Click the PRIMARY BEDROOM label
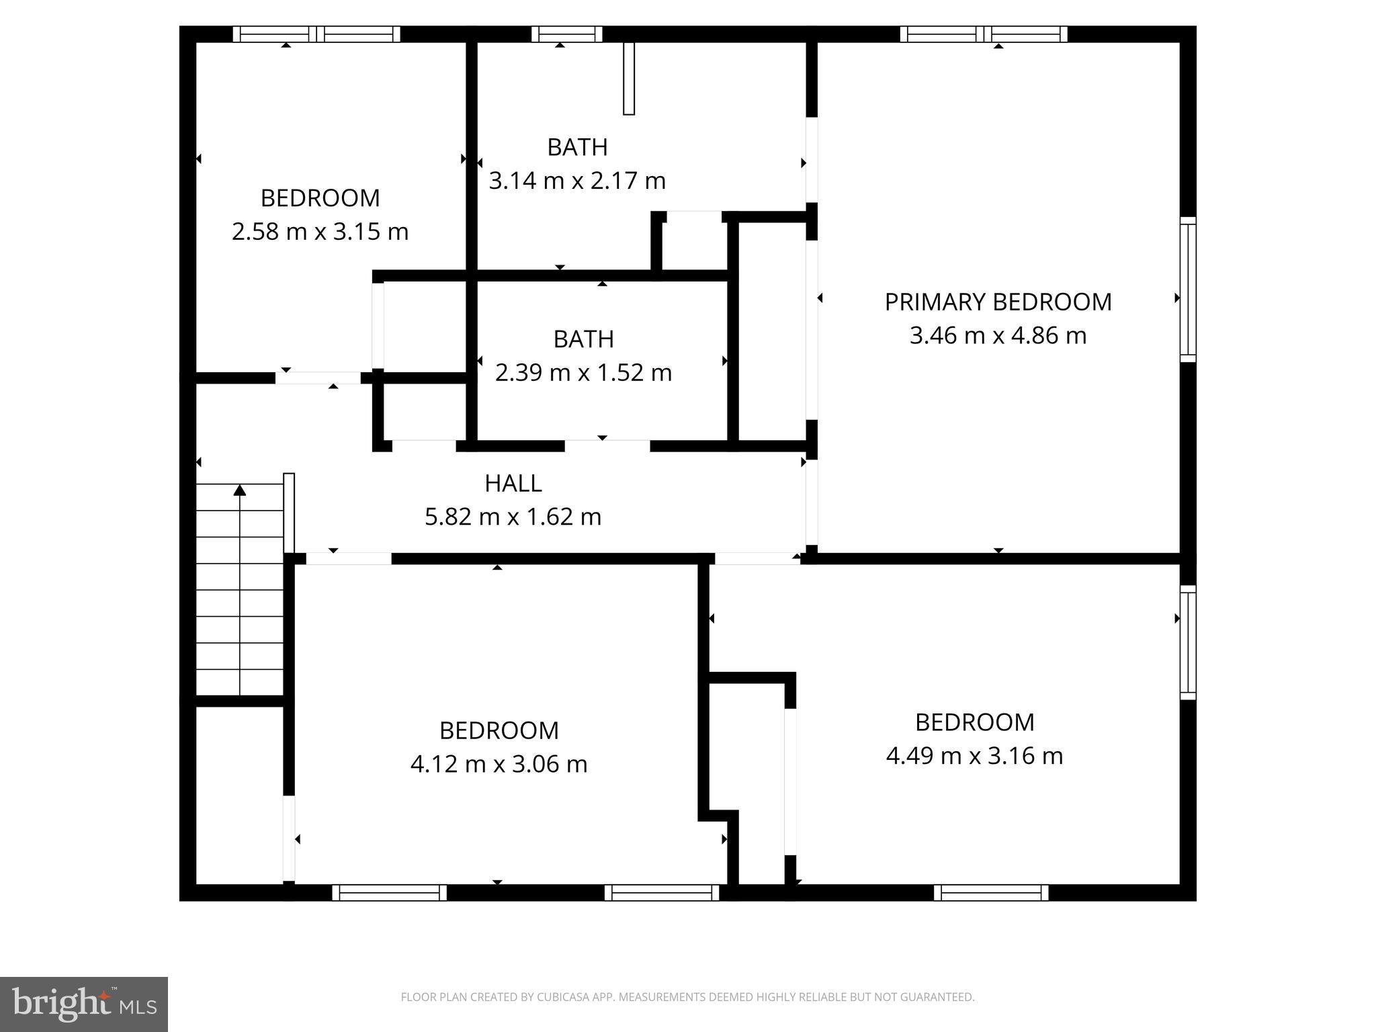(998, 302)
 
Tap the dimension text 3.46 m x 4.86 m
(998, 335)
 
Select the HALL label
(513, 483)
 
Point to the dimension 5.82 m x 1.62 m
(513, 517)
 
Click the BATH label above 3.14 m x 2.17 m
(577, 147)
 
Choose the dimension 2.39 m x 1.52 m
(583, 372)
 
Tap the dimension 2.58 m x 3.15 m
(320, 232)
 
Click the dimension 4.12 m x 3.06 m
(499, 764)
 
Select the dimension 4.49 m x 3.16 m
(974, 756)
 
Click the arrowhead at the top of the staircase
(240, 490)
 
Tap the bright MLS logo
(83, 1004)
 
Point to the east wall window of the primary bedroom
(1188, 289)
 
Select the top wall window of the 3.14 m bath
(566, 34)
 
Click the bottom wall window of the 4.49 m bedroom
(991, 892)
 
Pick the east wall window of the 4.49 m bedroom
(1188, 642)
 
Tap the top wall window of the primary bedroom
(984, 34)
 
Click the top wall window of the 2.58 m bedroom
(316, 34)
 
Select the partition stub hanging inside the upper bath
(629, 79)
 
